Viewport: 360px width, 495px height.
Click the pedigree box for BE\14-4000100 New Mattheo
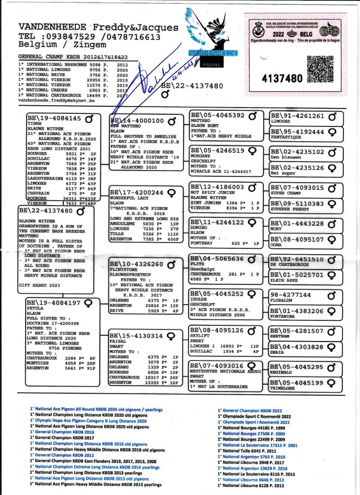coord(147,141)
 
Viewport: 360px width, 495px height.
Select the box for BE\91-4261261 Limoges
coord(306,118)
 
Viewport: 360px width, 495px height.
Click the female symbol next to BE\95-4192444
coord(333,132)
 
